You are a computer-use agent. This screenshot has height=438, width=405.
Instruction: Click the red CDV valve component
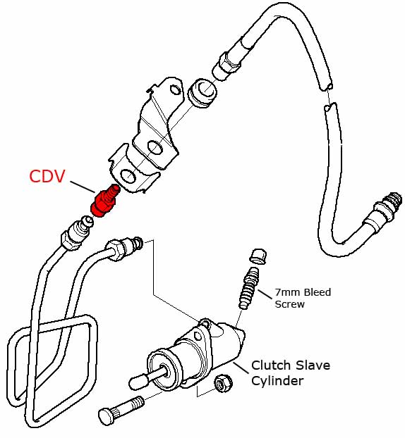coord(105,201)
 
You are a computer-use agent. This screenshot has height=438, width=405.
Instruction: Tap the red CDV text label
coord(47,176)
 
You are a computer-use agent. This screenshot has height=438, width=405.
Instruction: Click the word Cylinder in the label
coord(277,381)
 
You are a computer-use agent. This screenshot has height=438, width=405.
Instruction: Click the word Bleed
coord(318,292)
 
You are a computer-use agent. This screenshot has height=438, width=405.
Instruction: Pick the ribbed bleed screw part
coord(249,288)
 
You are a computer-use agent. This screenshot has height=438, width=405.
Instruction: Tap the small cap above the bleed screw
coord(258,256)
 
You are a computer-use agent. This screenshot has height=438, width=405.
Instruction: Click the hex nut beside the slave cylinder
coord(223,383)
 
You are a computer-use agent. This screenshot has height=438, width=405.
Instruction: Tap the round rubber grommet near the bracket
coord(203,93)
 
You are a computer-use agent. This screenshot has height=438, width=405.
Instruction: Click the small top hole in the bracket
coord(175,90)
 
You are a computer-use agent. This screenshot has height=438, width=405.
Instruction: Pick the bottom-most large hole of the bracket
coord(128,177)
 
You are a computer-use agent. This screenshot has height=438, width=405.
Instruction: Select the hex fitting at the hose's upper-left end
coord(227,65)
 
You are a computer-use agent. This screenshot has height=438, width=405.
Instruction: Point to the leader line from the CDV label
coord(83,187)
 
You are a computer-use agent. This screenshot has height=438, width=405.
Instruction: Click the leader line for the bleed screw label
coord(265,294)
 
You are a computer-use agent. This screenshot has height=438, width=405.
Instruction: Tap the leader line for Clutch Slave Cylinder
coord(241,368)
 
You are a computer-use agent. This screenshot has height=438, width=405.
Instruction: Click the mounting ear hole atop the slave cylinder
coord(206,324)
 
